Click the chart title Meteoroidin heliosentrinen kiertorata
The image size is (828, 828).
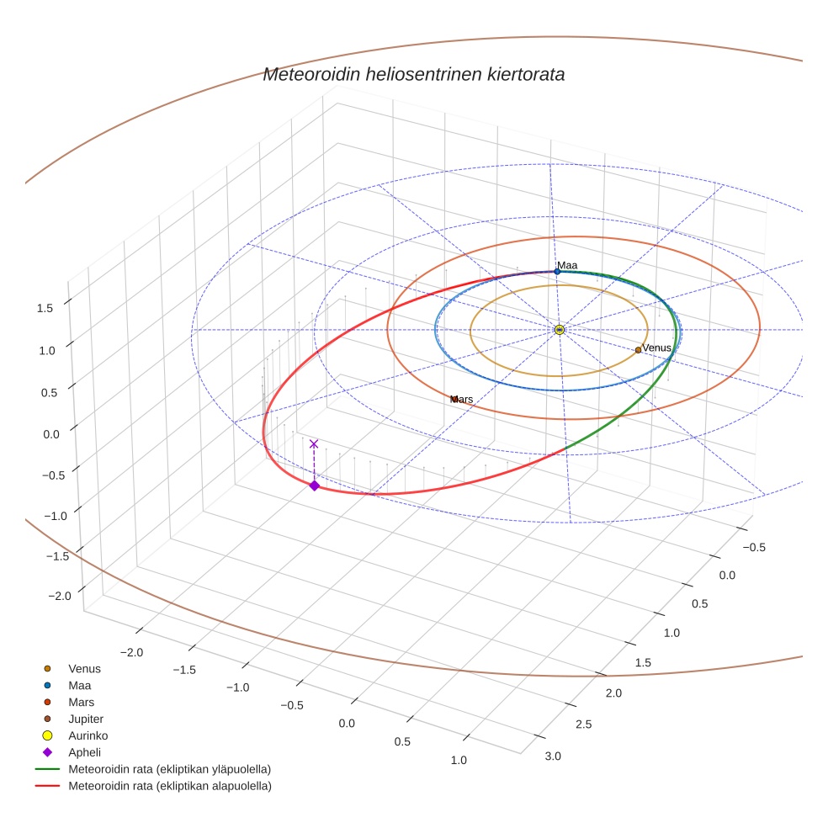click(413, 74)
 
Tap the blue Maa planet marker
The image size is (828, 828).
click(557, 272)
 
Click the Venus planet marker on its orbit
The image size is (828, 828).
click(638, 350)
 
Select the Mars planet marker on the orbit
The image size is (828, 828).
click(454, 399)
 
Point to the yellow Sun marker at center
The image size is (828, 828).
click(560, 330)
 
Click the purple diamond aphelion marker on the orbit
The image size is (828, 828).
click(314, 486)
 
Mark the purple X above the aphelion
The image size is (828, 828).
click(314, 443)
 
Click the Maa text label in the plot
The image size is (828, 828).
click(567, 265)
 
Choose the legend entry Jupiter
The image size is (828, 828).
click(85, 719)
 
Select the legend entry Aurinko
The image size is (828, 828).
click(88, 735)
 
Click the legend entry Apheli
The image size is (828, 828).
click(82, 752)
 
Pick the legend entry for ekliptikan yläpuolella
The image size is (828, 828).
click(169, 769)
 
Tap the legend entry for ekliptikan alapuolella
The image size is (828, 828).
click(169, 786)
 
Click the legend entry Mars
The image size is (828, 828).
click(81, 702)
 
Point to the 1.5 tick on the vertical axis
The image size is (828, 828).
click(45, 308)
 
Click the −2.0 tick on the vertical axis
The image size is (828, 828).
click(60, 596)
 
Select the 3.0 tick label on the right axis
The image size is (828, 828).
click(553, 756)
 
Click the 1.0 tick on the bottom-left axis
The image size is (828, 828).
click(459, 760)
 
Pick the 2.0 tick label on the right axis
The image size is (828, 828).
click(613, 693)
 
